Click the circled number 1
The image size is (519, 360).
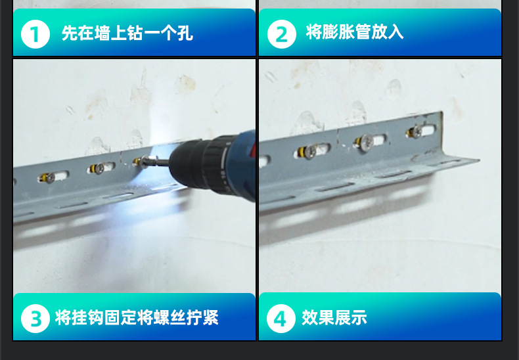pos(35,34)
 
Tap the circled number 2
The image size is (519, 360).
pos(281,34)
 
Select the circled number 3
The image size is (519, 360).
pos(35,319)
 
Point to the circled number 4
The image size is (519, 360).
pos(281,319)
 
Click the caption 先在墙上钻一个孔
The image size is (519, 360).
pos(127,33)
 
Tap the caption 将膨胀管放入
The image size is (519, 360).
pos(355,32)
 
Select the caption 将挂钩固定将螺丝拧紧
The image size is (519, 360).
pos(137,319)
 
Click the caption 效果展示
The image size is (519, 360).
pos(334,319)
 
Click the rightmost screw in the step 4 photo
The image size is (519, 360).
pos(416,133)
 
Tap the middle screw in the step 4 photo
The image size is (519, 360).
pos(364,141)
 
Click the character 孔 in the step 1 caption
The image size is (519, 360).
pos(186,33)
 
